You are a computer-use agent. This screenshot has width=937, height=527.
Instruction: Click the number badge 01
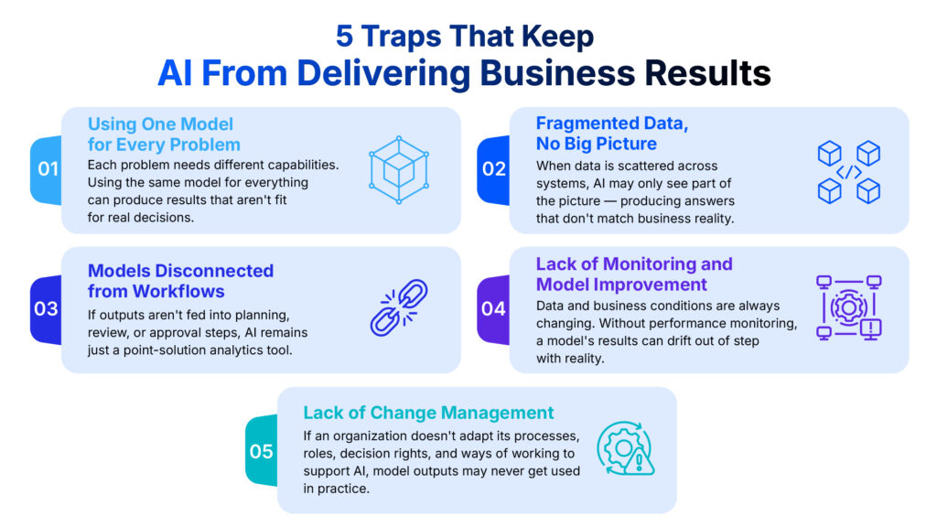(x=48, y=169)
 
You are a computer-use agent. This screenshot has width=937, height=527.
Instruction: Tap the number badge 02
(x=493, y=169)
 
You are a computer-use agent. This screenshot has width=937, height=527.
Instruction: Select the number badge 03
(x=47, y=309)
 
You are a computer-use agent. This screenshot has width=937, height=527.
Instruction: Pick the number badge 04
(x=493, y=309)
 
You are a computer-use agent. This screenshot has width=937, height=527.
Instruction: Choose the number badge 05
(x=262, y=451)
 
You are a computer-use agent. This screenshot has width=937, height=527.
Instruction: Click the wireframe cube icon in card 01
(x=399, y=169)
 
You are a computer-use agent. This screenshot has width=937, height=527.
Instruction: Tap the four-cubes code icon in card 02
(x=848, y=172)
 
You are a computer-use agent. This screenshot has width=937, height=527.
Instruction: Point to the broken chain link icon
(x=399, y=307)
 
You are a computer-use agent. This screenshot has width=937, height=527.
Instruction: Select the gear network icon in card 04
(x=848, y=307)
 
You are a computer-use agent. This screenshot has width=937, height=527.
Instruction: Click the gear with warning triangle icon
(x=625, y=448)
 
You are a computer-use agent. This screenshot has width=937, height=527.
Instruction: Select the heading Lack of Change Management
(x=428, y=413)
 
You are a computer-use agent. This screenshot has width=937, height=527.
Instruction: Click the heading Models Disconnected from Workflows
(x=180, y=281)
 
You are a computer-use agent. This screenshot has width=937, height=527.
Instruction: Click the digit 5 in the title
(x=344, y=36)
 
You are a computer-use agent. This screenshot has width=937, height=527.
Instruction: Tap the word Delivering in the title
(x=383, y=73)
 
